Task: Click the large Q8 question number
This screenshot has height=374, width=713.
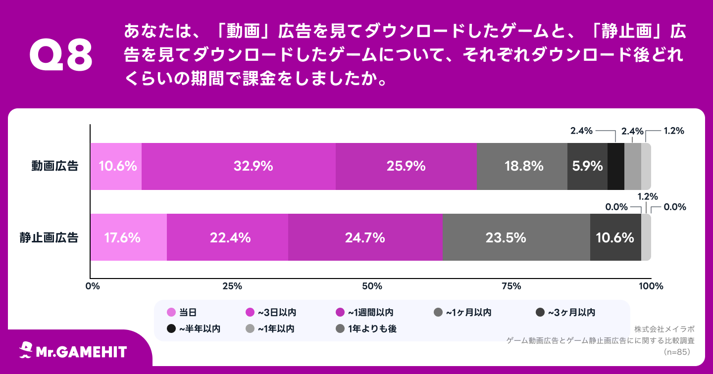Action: pyautogui.click(x=61, y=56)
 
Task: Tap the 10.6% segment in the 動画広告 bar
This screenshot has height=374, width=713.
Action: pyautogui.click(x=116, y=166)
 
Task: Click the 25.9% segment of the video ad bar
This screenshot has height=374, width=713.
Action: pyautogui.click(x=406, y=166)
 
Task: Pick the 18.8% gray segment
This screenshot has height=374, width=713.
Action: pyautogui.click(x=522, y=166)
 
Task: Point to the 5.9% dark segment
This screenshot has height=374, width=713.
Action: pyautogui.click(x=587, y=166)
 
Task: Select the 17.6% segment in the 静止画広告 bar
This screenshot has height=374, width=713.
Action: pyautogui.click(x=128, y=237)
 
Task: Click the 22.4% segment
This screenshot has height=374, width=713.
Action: pyautogui.click(x=227, y=237)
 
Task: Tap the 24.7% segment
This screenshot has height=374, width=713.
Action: pyautogui.click(x=365, y=237)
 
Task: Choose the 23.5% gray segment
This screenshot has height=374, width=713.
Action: pyautogui.click(x=516, y=237)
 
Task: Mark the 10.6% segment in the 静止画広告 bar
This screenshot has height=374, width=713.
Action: pyautogui.click(x=615, y=237)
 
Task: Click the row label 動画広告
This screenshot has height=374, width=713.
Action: pyautogui.click(x=54, y=166)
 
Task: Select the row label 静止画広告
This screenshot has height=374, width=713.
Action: pyautogui.click(x=49, y=237)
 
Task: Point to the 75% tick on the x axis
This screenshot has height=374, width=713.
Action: pyautogui.click(x=511, y=286)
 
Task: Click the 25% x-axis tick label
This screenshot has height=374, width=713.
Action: pyautogui.click(x=232, y=286)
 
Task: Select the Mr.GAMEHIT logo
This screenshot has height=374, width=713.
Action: pyautogui.click(x=73, y=351)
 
